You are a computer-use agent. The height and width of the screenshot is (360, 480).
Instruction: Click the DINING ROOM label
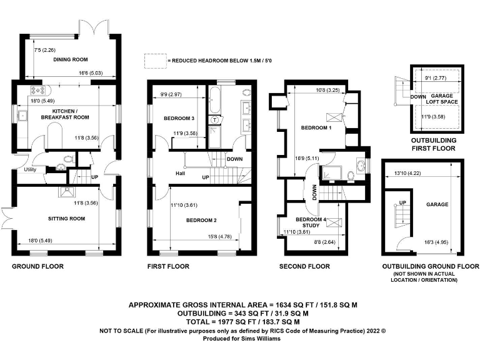[x=69, y=59]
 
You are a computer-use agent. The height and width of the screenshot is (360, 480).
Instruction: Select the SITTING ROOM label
[x=66, y=219]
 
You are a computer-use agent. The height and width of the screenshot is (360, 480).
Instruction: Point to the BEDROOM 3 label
[x=179, y=118]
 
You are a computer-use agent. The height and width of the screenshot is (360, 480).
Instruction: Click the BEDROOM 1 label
[x=317, y=127]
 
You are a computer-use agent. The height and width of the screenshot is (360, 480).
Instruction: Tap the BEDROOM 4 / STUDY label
[x=311, y=222]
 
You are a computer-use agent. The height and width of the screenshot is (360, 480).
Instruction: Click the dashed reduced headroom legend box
[x=154, y=61]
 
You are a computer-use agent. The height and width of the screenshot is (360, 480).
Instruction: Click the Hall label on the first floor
[x=181, y=173]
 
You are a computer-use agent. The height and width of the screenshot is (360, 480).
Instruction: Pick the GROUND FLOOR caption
[x=37, y=266]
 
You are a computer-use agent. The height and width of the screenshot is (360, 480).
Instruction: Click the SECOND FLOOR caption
[x=304, y=266]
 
